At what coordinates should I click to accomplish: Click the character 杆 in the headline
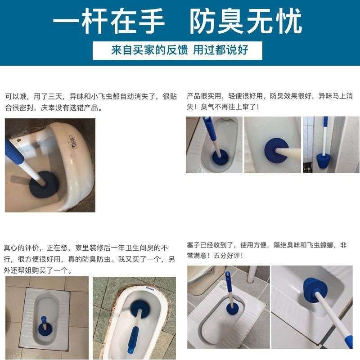click(x=94, y=21)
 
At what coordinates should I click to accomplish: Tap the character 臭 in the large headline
click(x=230, y=21)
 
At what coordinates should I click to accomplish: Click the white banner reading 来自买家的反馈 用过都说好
click(x=177, y=50)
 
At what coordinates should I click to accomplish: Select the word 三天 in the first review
click(x=55, y=96)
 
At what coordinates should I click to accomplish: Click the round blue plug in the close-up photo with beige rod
click(x=276, y=150)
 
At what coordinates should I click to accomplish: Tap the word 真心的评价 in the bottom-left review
click(x=21, y=248)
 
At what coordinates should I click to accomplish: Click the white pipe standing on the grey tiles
click(x=252, y=274)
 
